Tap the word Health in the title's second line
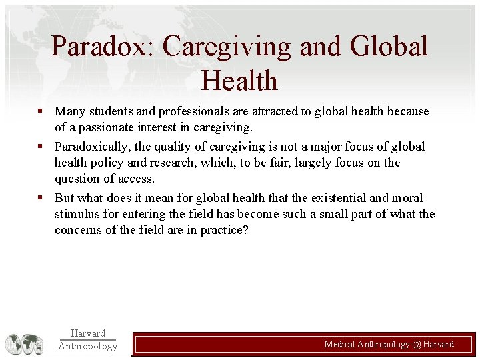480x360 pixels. click(239, 81)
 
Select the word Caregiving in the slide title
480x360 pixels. click(227, 47)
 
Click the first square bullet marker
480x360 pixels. click(41, 111)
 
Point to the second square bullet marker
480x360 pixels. click(41, 146)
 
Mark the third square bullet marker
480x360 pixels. click(41, 198)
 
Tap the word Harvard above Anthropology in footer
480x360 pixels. click(87, 333)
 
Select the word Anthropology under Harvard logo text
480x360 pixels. click(87, 346)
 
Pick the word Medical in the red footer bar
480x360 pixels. click(339, 345)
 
